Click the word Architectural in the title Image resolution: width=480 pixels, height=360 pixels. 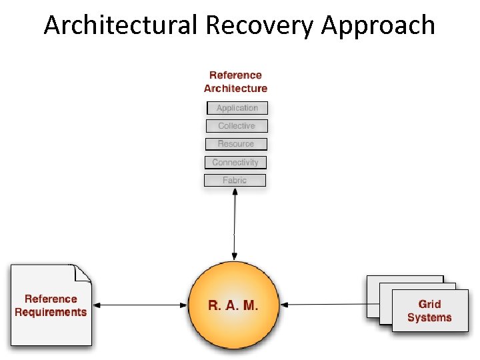(121, 25)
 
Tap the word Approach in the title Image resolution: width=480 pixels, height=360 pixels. (378, 25)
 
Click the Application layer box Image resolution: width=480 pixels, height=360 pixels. (237, 108)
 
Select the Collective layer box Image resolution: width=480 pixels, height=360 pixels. (236, 126)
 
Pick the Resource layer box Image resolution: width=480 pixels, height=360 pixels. (235, 144)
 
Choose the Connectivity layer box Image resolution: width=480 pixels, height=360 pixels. (235, 162)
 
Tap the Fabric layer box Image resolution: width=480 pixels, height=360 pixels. (234, 180)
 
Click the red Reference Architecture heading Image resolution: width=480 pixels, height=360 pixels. (235, 82)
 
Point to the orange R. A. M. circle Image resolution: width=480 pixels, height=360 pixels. (233, 327)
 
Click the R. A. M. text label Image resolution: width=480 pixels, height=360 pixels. (233, 305)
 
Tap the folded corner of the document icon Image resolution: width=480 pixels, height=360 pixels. (83, 273)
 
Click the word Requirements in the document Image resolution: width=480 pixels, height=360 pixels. (51, 312)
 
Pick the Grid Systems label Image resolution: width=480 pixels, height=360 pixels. (429, 311)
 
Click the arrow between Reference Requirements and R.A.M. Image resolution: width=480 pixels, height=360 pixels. (140, 305)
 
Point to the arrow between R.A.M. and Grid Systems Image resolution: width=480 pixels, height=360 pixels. (323, 305)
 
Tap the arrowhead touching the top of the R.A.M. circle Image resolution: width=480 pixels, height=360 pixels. (234, 257)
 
